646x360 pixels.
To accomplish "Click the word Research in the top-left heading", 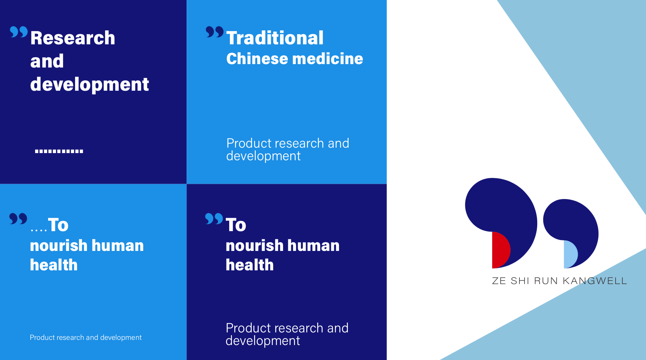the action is pos(73,38).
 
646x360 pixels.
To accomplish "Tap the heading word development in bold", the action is pos(89,85).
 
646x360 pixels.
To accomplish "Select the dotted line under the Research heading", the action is pos(59,151).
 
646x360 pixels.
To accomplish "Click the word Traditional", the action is pos(275,38).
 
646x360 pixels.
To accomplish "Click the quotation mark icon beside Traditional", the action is pos(215,32).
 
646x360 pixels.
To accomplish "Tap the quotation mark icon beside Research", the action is pos(19,32).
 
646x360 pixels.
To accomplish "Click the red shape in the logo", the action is pos(500,250).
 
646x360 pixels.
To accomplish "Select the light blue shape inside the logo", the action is pos(570,254).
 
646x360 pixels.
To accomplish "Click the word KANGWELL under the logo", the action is pos(595,281).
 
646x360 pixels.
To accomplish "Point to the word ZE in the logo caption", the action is pos(499,281).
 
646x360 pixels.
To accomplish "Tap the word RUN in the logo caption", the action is pos(546,281).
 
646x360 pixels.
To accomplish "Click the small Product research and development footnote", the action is pos(86,337).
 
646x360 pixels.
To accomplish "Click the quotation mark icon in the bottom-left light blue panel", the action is pos(18,219).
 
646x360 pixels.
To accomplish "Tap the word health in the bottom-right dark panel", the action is pos(250,265).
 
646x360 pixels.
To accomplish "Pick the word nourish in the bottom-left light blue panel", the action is pos(59,245).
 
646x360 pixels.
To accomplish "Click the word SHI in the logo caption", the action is pos(520,281).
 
